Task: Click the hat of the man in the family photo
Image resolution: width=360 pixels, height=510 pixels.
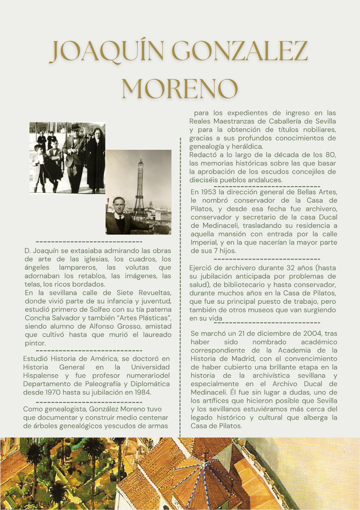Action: coord(76,127)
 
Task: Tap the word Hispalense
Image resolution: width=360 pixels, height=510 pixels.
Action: coord(41,375)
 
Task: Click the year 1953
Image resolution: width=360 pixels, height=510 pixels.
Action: coord(209,192)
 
